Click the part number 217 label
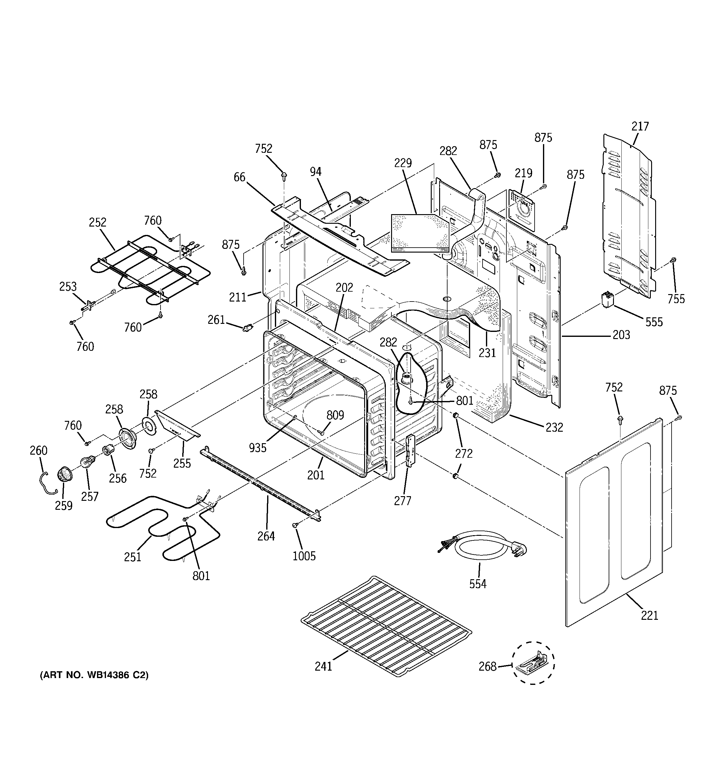pos(640,126)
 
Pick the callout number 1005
pos(304,556)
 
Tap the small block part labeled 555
pos(607,300)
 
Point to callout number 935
pos(258,447)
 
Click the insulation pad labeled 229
pos(420,233)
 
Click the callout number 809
pos(335,415)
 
